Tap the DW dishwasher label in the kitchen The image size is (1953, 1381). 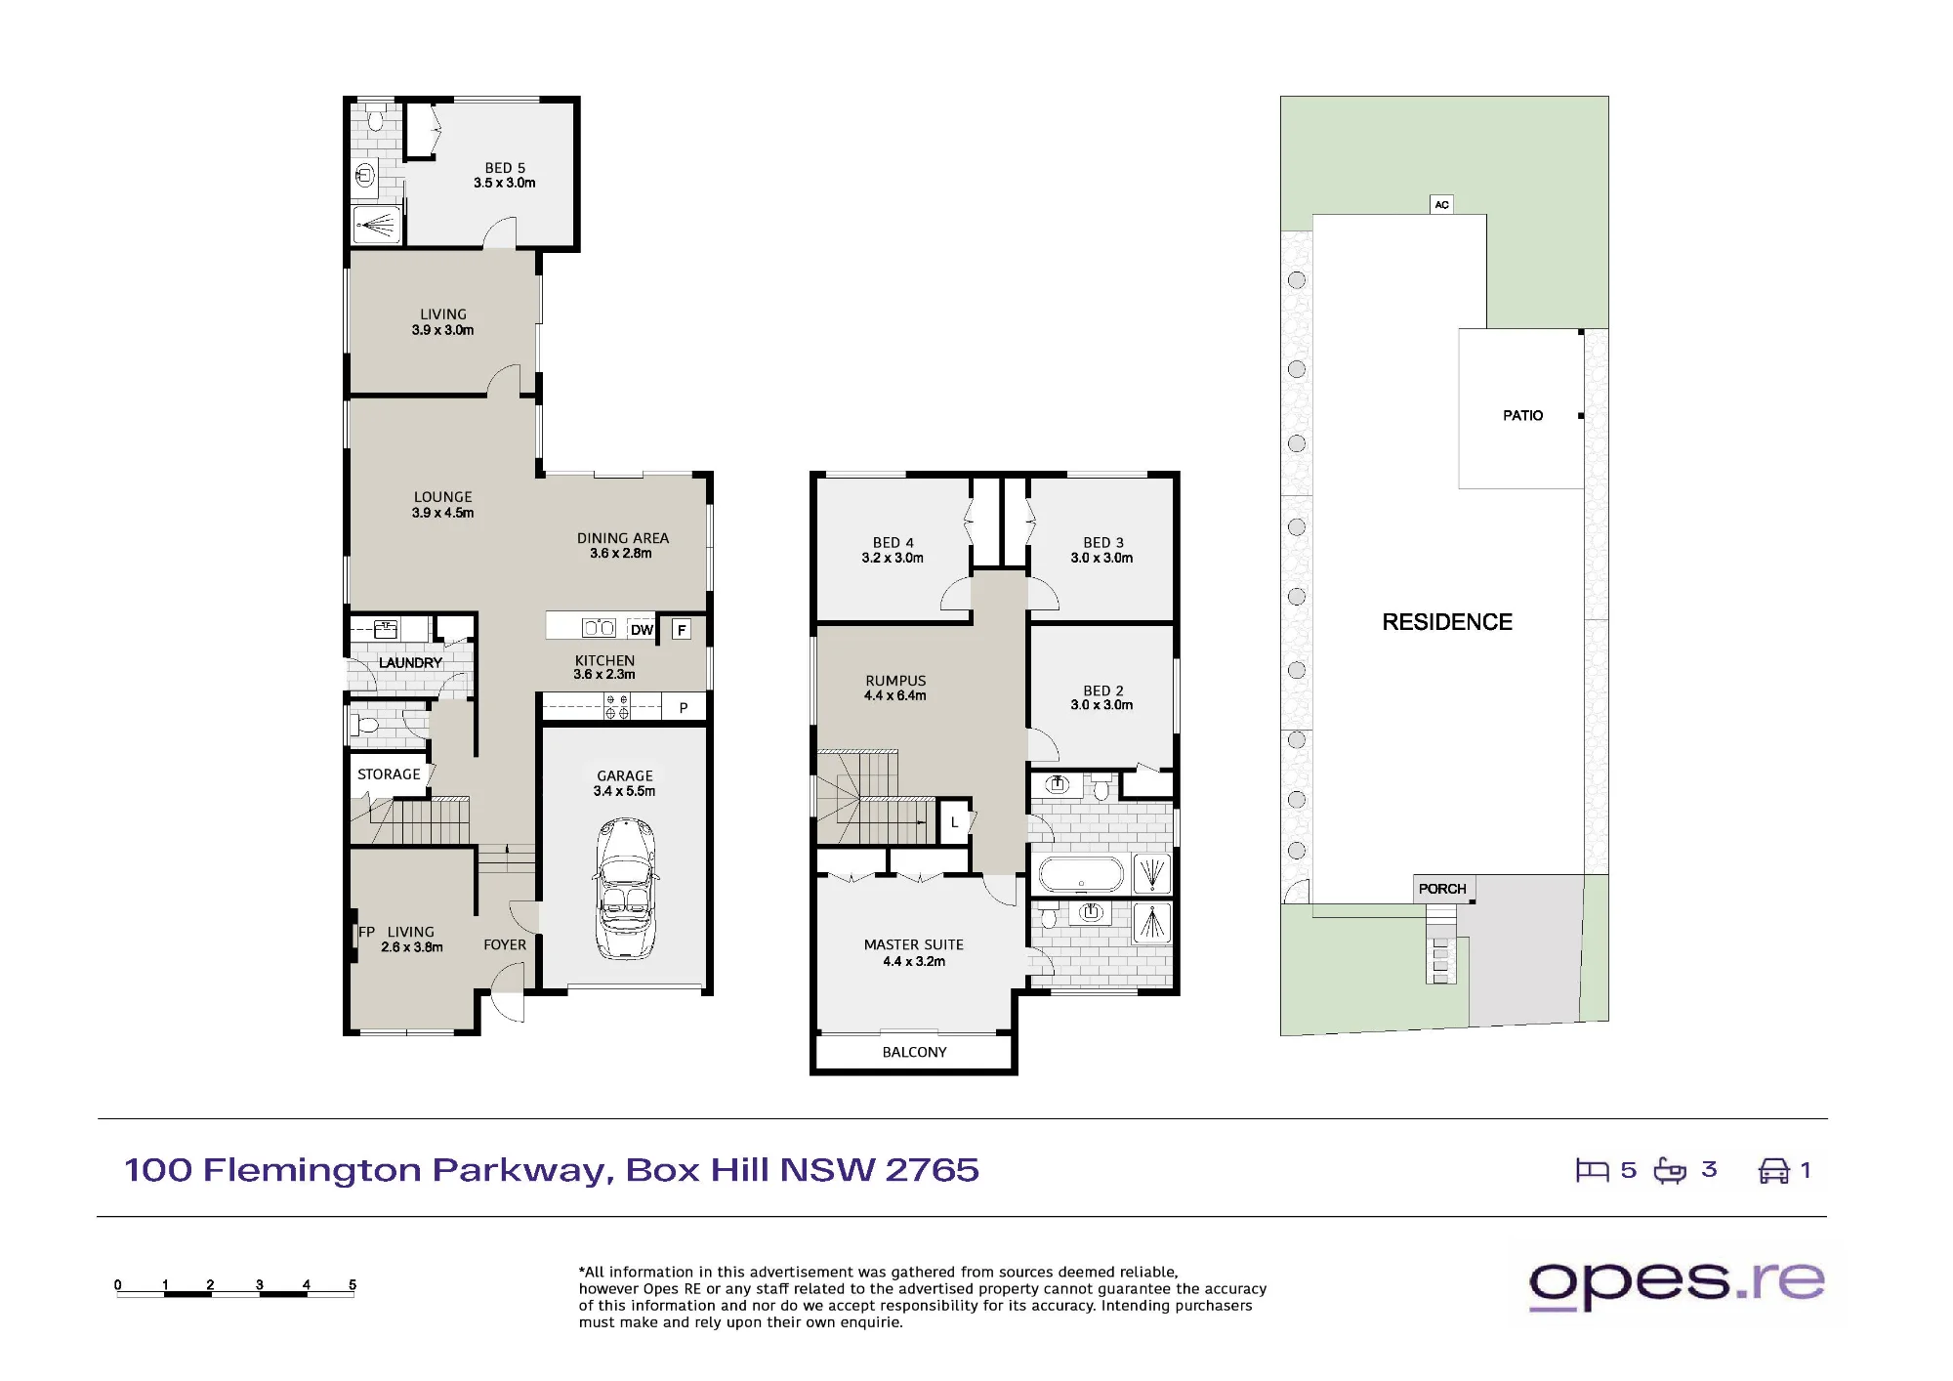tap(642, 630)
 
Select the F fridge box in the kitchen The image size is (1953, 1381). tap(682, 630)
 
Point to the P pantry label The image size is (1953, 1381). tap(684, 707)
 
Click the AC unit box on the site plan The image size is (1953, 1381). tap(1442, 204)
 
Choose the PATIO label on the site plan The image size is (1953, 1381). tap(1522, 416)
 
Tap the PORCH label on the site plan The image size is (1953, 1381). tap(1442, 889)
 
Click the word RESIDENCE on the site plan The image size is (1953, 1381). tap(1447, 622)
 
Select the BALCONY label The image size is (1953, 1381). tap(914, 1052)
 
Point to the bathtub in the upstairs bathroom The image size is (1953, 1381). tap(1081, 874)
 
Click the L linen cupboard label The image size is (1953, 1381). tap(955, 822)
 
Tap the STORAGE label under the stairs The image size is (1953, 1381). tap(389, 774)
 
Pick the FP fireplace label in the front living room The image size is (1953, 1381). tap(366, 932)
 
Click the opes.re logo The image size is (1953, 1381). tap(1677, 1284)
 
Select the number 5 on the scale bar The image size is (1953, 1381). tap(353, 1284)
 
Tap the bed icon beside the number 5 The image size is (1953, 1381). tap(1592, 1170)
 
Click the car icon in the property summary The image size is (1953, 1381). tap(1773, 1170)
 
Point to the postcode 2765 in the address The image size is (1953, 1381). tap(932, 1170)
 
